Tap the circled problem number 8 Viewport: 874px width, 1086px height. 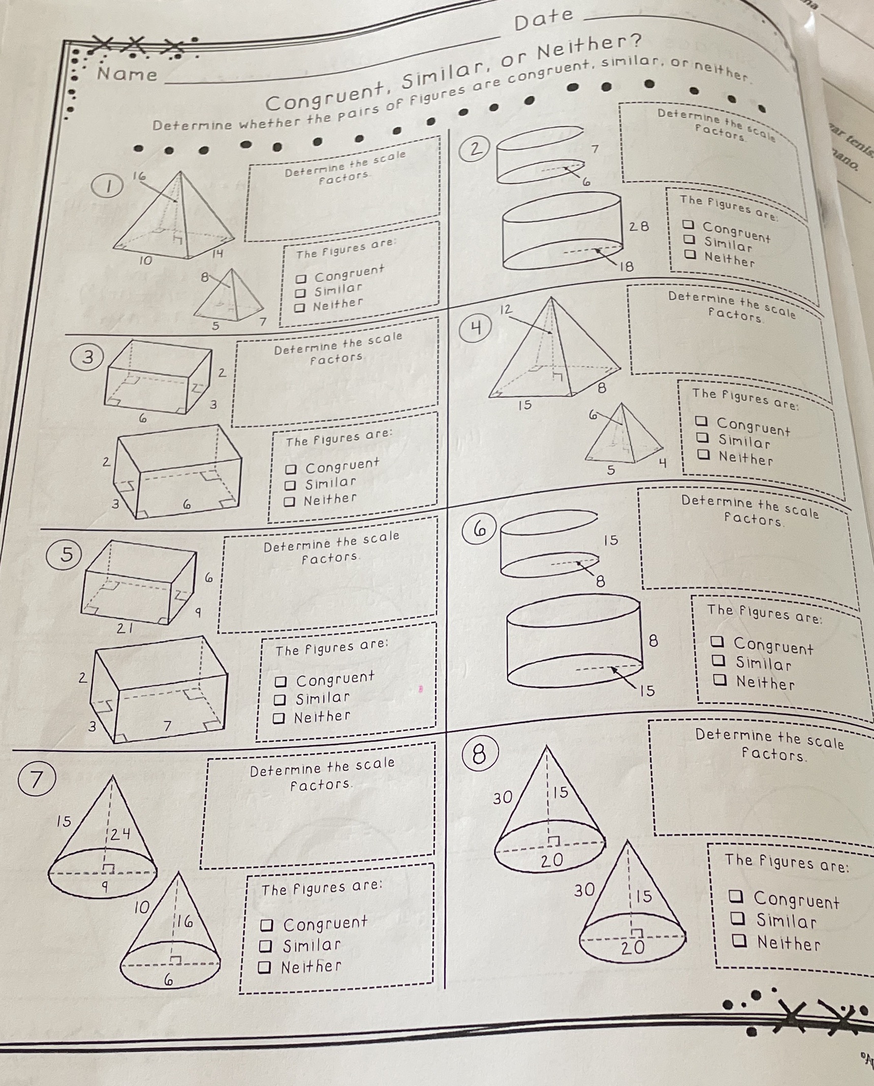(478, 754)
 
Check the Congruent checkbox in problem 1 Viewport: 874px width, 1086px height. (301, 279)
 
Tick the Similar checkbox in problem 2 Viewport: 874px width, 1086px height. (689, 238)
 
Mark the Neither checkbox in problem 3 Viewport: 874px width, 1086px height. (289, 501)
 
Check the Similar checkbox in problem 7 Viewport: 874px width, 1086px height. (265, 946)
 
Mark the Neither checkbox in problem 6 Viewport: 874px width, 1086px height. (720, 679)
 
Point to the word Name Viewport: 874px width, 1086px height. (128, 74)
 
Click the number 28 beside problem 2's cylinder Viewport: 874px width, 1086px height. (639, 226)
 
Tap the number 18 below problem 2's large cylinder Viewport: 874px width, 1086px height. (627, 266)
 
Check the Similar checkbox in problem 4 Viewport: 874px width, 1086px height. (703, 437)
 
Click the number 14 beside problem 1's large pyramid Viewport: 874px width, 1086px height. (217, 254)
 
